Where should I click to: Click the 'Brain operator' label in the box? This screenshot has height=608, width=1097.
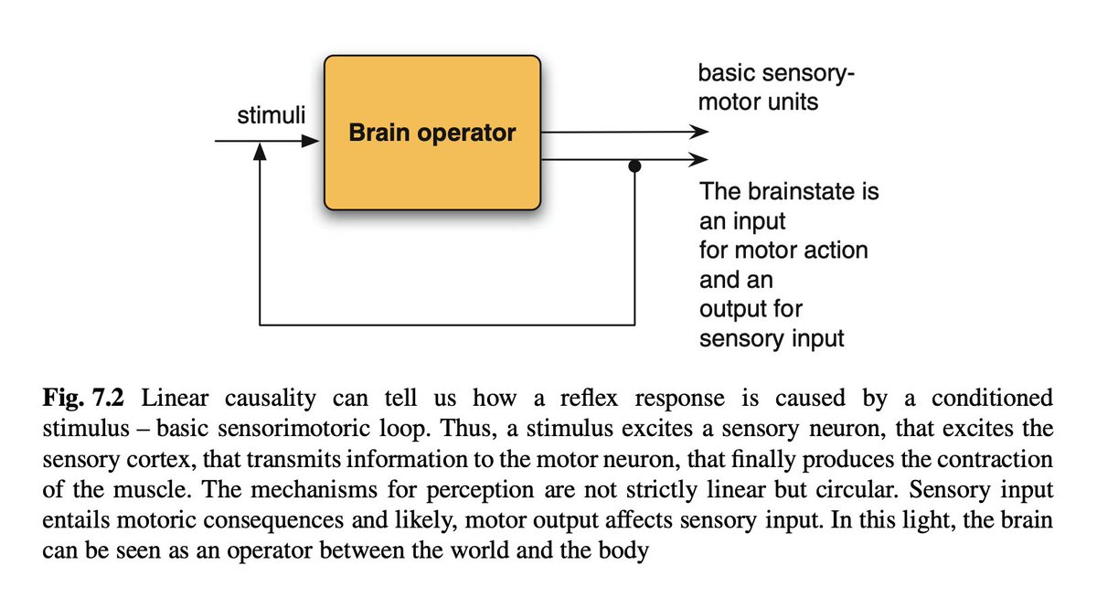[432, 133]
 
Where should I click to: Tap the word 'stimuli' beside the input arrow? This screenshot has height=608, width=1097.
[272, 115]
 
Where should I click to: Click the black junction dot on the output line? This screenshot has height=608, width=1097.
[634, 167]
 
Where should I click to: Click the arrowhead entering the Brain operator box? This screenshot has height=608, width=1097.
[312, 142]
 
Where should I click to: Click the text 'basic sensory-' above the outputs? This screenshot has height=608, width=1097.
[775, 73]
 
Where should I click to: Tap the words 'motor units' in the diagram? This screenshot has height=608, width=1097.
[758, 101]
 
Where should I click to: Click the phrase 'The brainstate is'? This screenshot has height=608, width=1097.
[788, 192]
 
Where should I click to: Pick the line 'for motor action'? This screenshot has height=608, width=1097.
[783, 250]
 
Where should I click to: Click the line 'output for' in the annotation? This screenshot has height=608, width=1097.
[751, 309]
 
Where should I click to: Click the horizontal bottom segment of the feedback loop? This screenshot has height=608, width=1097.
[448, 325]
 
